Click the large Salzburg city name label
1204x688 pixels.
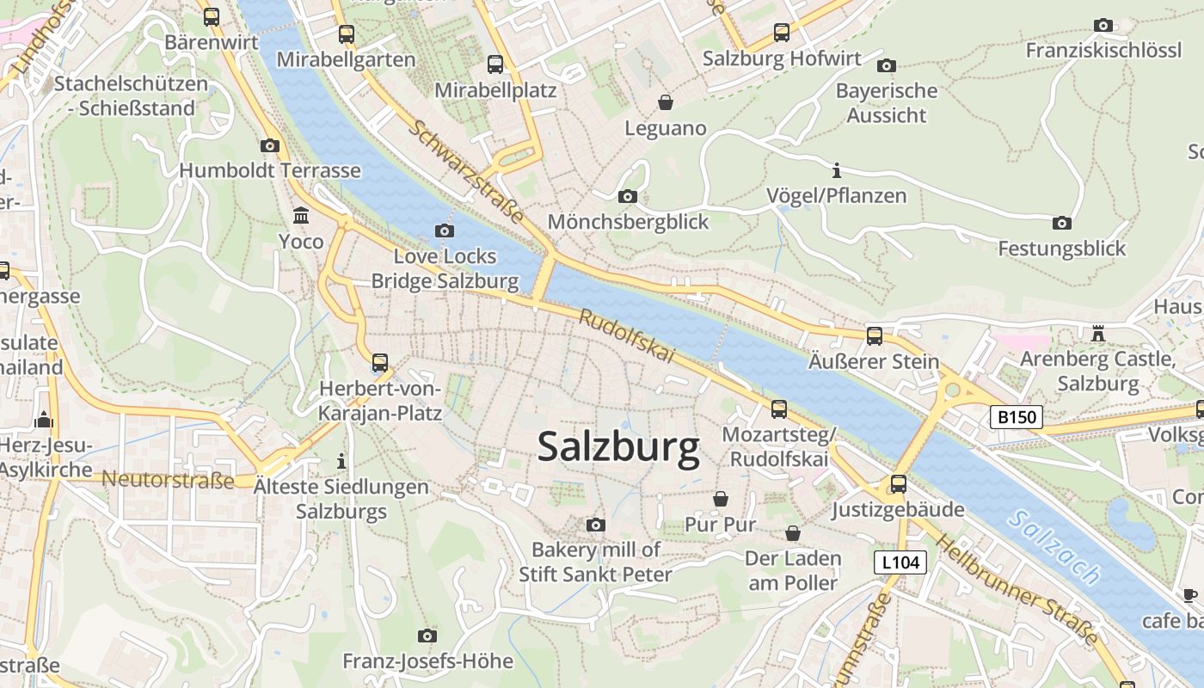click(x=618, y=448)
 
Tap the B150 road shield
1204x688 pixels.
click(x=1016, y=418)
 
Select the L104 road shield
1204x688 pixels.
click(x=901, y=563)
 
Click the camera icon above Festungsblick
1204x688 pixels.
click(x=1062, y=224)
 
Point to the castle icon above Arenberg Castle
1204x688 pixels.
click(x=1097, y=333)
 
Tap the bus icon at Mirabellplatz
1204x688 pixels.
click(x=495, y=64)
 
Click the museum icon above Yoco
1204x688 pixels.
click(x=301, y=215)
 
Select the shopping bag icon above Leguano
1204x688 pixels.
click(x=665, y=102)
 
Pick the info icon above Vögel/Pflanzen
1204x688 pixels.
click(x=837, y=169)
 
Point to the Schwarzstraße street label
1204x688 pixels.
click(x=465, y=172)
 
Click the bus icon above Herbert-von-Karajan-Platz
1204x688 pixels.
click(x=380, y=363)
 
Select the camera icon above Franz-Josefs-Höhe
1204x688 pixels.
click(x=427, y=636)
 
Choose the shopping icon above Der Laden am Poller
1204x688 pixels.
click(x=792, y=533)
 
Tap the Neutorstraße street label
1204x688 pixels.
click(x=168, y=480)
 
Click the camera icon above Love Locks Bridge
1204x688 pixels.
click(x=445, y=230)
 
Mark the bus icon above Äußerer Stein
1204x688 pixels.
click(x=875, y=335)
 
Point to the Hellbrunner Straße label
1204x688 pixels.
click(x=1017, y=591)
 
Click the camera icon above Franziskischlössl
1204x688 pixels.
click(x=1103, y=26)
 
